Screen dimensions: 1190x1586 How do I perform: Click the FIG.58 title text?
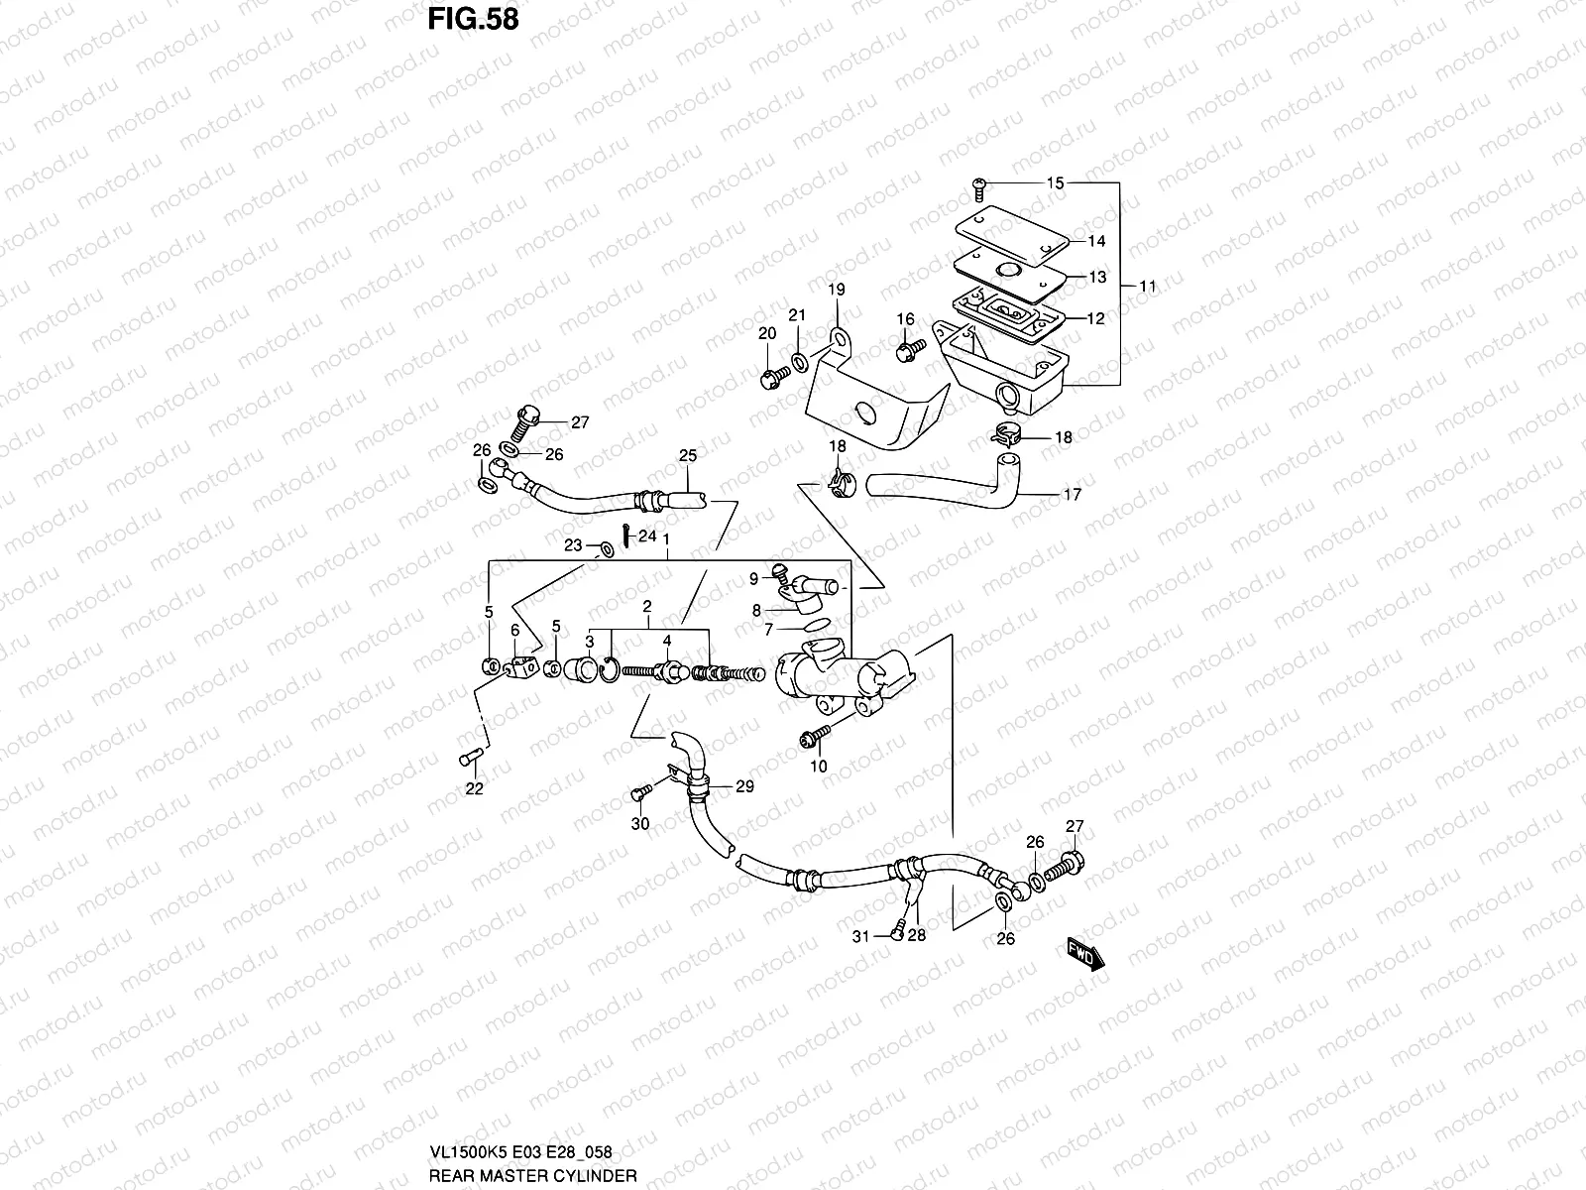pos(473,19)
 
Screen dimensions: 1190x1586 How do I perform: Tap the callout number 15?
pos(1055,183)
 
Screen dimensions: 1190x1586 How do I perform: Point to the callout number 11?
pos(1147,287)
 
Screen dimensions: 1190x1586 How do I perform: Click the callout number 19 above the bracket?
pos(837,290)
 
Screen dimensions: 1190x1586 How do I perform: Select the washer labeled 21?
pos(799,358)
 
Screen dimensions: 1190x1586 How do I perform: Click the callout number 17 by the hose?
pos(1072,495)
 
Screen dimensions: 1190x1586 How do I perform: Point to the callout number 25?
pos(688,456)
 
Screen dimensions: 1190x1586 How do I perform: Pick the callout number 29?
pos(744,786)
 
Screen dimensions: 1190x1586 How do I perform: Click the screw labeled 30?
pos(638,793)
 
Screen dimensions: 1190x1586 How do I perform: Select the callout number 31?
pos(861,935)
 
